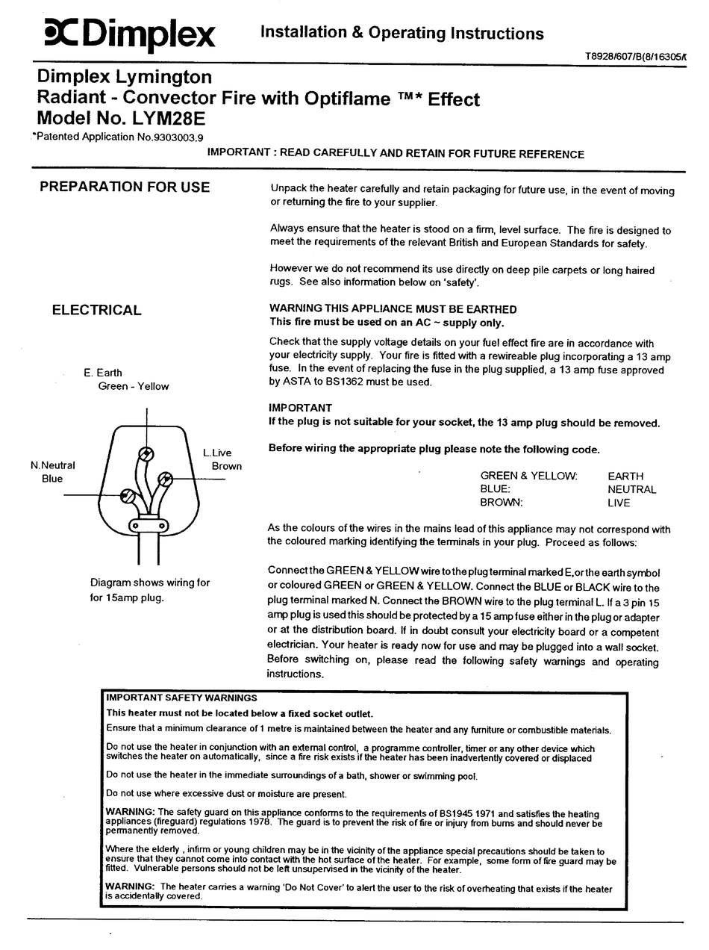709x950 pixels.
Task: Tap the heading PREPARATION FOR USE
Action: point(125,187)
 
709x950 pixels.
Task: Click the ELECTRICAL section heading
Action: point(96,310)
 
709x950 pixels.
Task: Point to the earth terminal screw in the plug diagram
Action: point(148,453)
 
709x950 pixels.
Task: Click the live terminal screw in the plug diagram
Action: point(166,477)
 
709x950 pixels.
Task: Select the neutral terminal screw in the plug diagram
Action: point(128,494)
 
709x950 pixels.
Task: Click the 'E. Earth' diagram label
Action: point(103,373)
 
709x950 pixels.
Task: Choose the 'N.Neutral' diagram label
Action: point(52,465)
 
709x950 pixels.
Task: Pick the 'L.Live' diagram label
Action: point(217,453)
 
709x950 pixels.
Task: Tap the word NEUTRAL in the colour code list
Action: point(631,489)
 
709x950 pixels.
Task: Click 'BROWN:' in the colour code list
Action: point(501,503)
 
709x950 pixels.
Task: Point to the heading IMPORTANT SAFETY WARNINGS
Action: point(181,698)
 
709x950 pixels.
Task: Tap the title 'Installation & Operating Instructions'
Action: point(402,33)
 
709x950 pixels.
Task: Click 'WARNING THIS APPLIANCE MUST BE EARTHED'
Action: point(393,309)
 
